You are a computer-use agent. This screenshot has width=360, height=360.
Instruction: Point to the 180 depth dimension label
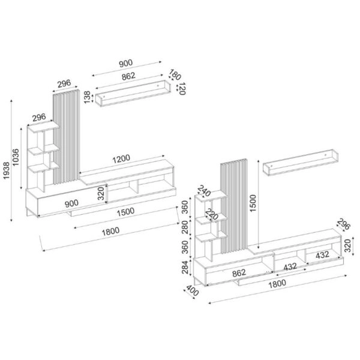coord(175,75)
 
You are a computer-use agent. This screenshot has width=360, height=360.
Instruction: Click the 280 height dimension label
coord(186,228)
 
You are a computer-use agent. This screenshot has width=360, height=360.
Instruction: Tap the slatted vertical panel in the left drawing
coord(66,137)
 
